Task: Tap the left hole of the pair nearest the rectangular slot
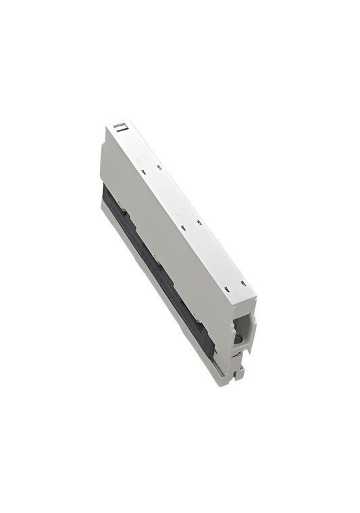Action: [143, 171]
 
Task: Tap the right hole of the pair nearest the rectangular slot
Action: [159, 167]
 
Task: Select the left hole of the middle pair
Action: [183, 228]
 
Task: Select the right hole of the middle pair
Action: [199, 222]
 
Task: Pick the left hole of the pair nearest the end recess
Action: [228, 288]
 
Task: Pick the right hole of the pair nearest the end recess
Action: [243, 282]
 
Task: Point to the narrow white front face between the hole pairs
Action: [172, 196]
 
